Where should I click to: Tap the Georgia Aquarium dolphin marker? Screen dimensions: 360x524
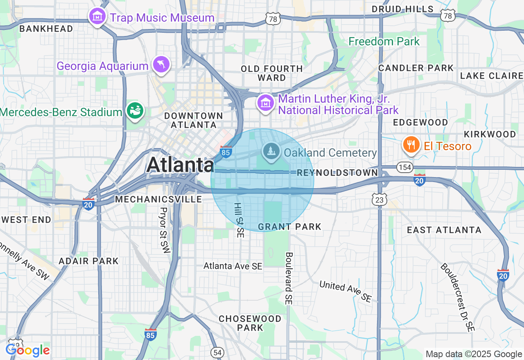(x=161, y=64)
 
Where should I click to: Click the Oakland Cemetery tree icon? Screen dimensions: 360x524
(x=271, y=152)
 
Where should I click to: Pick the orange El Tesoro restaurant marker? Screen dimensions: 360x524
(x=410, y=145)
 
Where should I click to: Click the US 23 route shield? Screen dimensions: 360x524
(x=379, y=199)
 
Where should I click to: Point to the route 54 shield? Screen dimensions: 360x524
(x=217, y=352)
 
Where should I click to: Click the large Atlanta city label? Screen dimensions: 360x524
(x=180, y=165)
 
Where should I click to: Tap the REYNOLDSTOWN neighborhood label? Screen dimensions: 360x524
(x=337, y=173)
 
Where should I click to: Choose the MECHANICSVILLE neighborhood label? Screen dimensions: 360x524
(x=158, y=199)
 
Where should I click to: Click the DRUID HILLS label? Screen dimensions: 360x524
(x=402, y=9)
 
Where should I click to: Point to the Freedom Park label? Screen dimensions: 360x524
(x=384, y=41)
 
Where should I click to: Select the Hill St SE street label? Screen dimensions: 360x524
(x=239, y=220)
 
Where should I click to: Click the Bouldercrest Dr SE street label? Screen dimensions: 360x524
(x=458, y=297)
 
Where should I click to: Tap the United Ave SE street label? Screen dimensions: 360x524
(x=346, y=291)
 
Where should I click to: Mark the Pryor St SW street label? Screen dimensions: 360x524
(x=164, y=230)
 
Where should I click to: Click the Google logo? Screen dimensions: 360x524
(x=27, y=350)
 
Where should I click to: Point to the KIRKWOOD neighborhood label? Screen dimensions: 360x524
(x=490, y=134)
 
